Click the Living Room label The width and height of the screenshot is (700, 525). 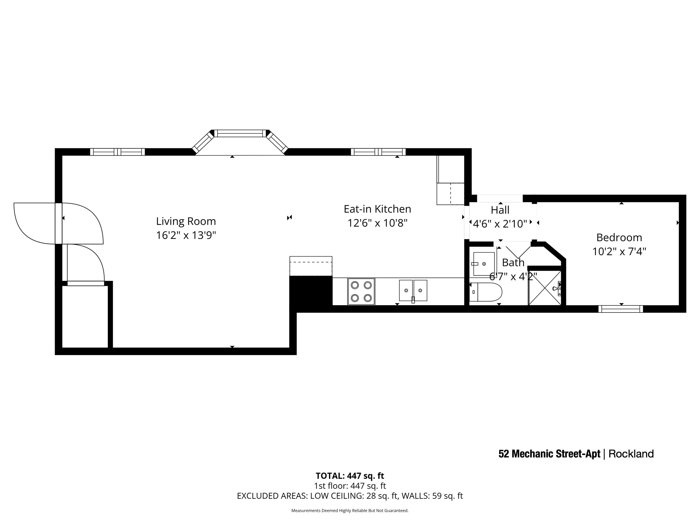(186, 221)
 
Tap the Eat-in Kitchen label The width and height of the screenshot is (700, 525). (377, 209)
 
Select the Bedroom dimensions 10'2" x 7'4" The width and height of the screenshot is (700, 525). (619, 252)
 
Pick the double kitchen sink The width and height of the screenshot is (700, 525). (413, 290)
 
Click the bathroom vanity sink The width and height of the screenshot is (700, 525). (483, 264)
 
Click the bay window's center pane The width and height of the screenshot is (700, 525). (240, 133)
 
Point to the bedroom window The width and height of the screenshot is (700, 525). (621, 309)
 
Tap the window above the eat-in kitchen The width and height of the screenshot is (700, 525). (378, 152)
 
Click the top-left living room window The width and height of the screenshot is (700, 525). (117, 152)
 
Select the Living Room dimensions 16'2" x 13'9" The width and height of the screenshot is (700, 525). (186, 235)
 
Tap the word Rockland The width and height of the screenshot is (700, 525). (631, 454)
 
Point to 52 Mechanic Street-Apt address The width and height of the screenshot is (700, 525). (549, 454)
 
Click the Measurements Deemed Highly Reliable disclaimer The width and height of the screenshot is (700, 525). (350, 511)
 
